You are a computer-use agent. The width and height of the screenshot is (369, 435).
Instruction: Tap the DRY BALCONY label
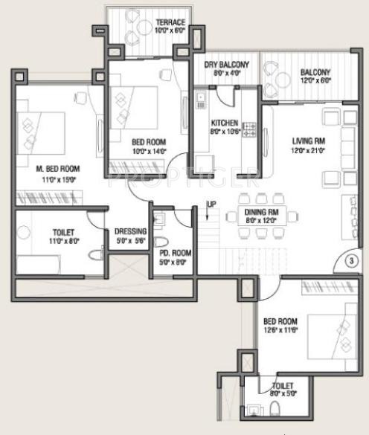tap(226, 65)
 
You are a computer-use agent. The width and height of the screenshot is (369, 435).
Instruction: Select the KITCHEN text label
tap(224, 123)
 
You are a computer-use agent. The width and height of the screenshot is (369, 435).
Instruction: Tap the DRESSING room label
tap(130, 231)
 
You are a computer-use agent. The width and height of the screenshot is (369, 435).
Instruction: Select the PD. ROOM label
tap(176, 253)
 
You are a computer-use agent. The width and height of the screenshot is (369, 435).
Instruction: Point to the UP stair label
tap(212, 205)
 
